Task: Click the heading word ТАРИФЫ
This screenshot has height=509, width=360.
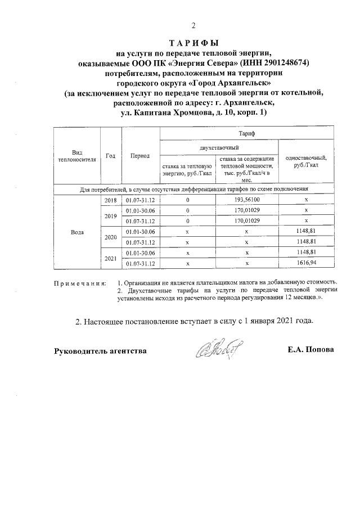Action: coord(193,43)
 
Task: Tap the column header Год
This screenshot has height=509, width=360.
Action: coord(110,156)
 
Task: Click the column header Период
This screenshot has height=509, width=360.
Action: coord(139,156)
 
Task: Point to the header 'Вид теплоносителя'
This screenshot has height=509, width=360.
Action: coord(76,156)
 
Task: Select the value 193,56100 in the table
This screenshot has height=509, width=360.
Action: coord(246,200)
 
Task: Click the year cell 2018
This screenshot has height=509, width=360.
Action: coord(110,200)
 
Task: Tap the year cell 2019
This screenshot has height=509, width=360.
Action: coord(110,215)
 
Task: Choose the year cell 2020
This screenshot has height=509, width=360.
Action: coord(110,237)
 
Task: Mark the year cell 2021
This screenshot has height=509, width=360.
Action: coord(110,258)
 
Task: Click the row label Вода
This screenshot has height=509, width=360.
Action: coord(78,232)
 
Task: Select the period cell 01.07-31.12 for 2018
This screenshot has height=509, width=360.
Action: coord(140,200)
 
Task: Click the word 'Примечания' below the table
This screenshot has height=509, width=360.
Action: coord(79,282)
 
